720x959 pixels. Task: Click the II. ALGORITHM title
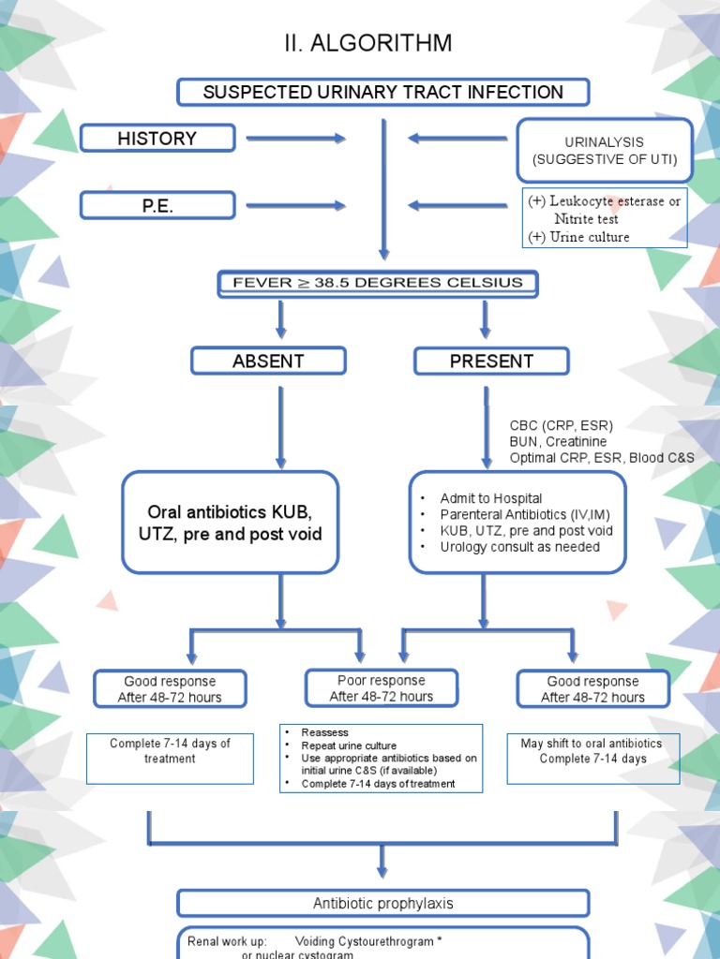[x=367, y=43]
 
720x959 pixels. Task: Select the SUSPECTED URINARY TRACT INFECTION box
[x=383, y=93]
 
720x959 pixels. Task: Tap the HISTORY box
[x=157, y=139]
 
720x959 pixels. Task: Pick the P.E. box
[x=157, y=206]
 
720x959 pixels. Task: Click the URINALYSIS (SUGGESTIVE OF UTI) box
[x=605, y=151]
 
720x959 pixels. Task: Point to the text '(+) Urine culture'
[x=578, y=237]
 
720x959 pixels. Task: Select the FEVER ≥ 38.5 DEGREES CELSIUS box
[x=378, y=284]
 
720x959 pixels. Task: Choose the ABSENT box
[x=268, y=361]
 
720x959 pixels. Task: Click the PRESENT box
[x=491, y=361]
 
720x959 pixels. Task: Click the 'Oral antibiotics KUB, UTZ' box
[x=230, y=523]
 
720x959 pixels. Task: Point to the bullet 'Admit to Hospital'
[x=491, y=498]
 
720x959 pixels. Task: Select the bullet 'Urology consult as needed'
[x=519, y=546]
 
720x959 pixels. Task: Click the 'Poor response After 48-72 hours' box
[x=382, y=688]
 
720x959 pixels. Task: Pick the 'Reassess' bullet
[x=325, y=732]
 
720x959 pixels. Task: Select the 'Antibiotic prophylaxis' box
[x=383, y=904]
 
